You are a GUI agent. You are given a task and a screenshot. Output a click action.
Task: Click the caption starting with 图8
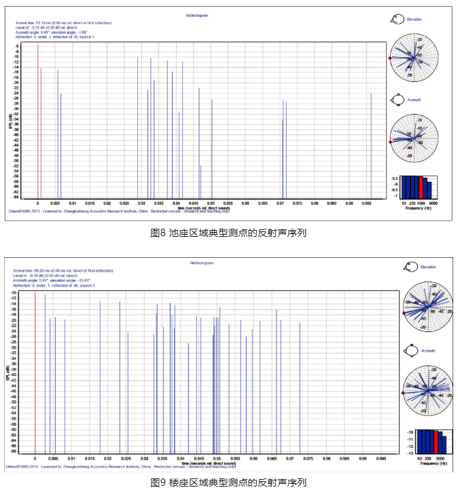(228, 233)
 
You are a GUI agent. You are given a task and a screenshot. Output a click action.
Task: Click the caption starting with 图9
(228, 482)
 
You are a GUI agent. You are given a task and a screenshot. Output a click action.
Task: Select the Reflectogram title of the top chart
(196, 14)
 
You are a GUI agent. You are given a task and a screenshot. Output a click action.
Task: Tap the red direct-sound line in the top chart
(38, 122)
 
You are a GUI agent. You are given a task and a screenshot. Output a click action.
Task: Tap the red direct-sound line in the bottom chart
(35, 373)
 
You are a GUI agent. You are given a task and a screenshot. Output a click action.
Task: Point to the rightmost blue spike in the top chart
(371, 146)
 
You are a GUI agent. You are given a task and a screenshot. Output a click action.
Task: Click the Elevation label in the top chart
(415, 20)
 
